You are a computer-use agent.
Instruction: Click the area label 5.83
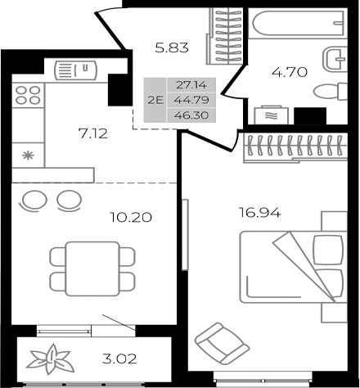[x=173, y=47]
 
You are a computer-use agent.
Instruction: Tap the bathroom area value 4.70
[x=289, y=71]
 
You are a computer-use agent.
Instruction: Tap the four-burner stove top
[x=26, y=99]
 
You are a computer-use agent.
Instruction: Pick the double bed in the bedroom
[x=292, y=267]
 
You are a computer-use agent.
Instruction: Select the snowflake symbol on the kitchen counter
[x=27, y=154]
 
